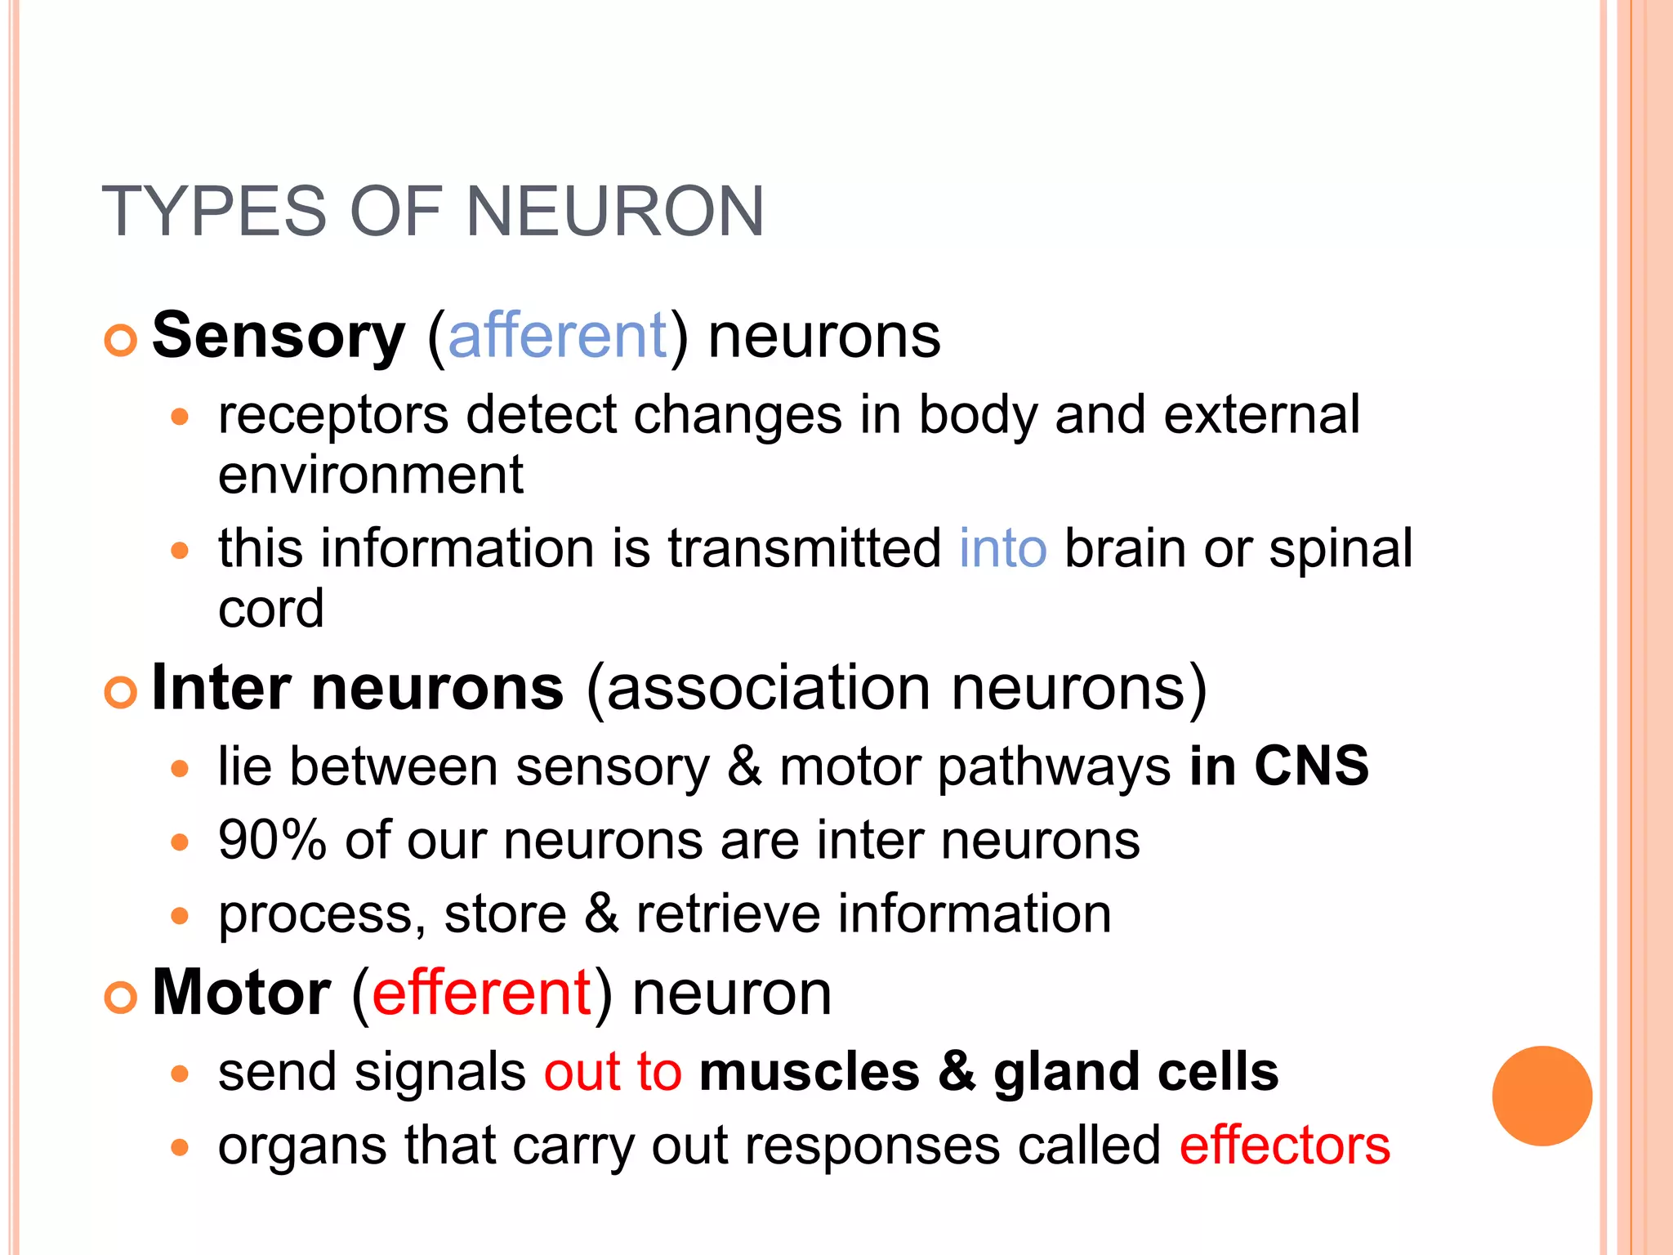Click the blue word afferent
(558, 336)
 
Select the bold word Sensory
(279, 336)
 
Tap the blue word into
(1002, 548)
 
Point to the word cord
(270, 609)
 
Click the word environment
(370, 476)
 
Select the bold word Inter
(221, 688)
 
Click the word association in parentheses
(768, 688)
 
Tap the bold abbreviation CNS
(1311, 766)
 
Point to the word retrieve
(728, 913)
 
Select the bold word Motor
(242, 993)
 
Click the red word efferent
(482, 993)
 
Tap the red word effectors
(1284, 1146)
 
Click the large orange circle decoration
(1541, 1096)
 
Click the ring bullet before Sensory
(121, 340)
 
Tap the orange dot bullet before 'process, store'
(180, 916)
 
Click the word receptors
(333, 415)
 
